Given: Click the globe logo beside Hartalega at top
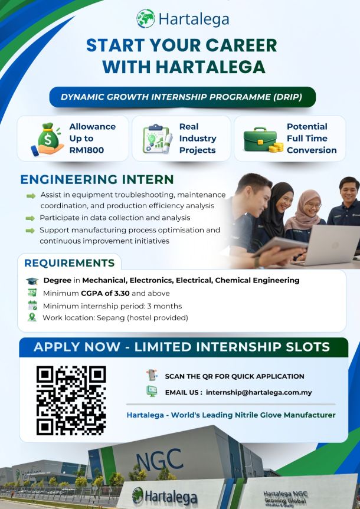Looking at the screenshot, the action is pyautogui.click(x=146, y=18).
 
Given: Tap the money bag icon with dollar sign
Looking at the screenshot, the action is pyautogui.click(x=48, y=139).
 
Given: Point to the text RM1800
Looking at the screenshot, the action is pyautogui.click(x=86, y=150).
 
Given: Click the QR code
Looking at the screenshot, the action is pyautogui.click(x=71, y=400).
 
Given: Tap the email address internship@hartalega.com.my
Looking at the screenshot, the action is pyautogui.click(x=258, y=392).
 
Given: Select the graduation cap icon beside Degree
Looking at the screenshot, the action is pyautogui.click(x=32, y=281).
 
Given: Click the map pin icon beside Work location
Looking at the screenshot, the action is pyautogui.click(x=32, y=317).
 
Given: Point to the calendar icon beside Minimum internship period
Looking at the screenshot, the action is pyautogui.click(x=32, y=305).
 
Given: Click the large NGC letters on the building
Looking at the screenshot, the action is pyautogui.click(x=159, y=459).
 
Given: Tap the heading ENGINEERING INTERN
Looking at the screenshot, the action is pyautogui.click(x=97, y=179).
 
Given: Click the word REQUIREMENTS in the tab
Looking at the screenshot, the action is pyautogui.click(x=70, y=263).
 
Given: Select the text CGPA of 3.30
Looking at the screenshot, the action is pyautogui.click(x=105, y=294).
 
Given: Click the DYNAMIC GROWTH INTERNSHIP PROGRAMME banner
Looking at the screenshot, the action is pyautogui.click(x=182, y=97).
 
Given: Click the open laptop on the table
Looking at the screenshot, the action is pyautogui.click(x=328, y=246).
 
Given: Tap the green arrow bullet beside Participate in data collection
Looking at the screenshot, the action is pyautogui.click(x=30, y=218).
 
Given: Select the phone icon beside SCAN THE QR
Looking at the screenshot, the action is pyautogui.click(x=152, y=375).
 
